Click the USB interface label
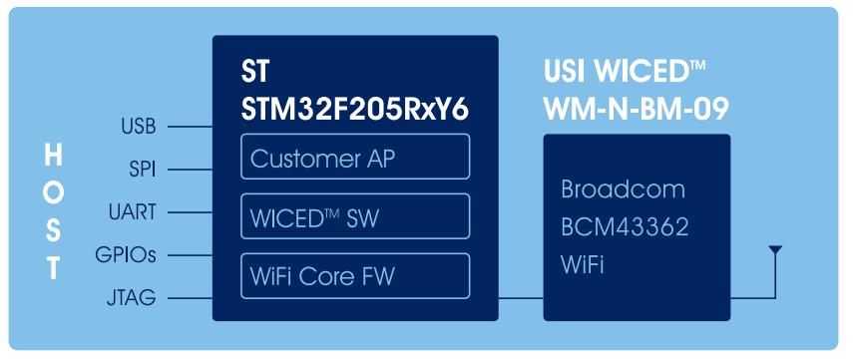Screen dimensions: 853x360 pos(139,127)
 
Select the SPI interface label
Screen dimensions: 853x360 pos(143,170)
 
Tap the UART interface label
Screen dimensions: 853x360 pos(133,212)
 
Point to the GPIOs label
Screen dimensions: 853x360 pos(126,255)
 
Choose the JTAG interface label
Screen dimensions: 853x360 pos(132,297)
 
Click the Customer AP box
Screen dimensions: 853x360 pos(355,157)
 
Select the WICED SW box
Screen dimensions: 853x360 pos(355,215)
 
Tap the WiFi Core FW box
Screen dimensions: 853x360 pos(355,275)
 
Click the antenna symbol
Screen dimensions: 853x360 pos(775,250)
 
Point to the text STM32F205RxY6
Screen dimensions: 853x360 pos(355,110)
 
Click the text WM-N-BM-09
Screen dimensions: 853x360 pos(637,110)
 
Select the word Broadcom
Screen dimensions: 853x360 pos(623,189)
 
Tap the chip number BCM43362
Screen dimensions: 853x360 pos(626,227)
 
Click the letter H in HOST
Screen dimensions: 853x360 pos(53,158)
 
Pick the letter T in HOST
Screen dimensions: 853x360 pos(53,268)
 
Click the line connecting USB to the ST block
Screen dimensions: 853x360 pos(190,128)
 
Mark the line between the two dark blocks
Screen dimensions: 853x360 pos(521,298)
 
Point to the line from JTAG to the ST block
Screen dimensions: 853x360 pos(190,298)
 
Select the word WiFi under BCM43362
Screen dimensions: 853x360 pos(582,266)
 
